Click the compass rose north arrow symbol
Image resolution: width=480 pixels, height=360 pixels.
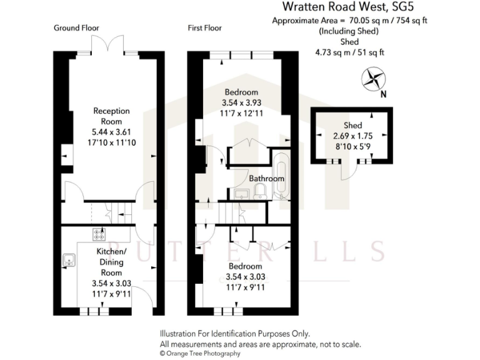(x=374, y=79)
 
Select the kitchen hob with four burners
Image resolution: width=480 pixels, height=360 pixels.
(x=99, y=234)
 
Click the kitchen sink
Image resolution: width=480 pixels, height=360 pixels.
(x=68, y=259)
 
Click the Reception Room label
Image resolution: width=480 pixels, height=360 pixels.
(x=107, y=116)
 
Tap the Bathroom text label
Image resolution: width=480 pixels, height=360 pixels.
(x=267, y=179)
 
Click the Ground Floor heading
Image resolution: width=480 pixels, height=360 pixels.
(x=76, y=28)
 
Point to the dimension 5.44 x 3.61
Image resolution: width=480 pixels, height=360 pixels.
(x=107, y=132)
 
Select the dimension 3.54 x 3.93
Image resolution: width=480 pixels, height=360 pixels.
(x=240, y=102)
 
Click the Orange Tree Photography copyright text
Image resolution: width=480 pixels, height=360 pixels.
(x=200, y=353)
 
